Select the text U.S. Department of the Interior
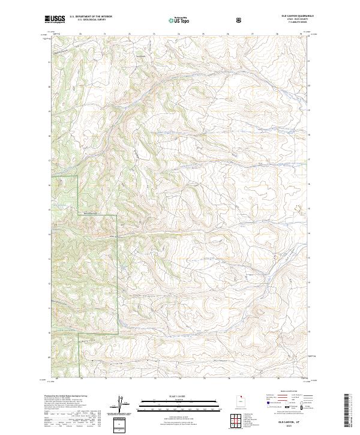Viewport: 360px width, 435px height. coord(91,17)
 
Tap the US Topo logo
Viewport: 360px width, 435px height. coord(180,19)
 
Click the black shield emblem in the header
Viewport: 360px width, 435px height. coord(239,19)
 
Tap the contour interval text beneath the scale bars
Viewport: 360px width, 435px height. coord(171,415)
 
